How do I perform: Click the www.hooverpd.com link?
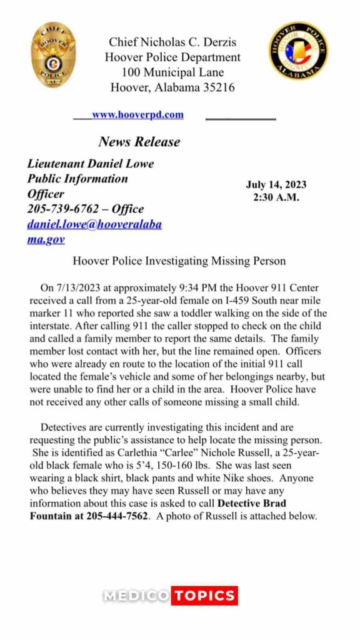[x=137, y=114]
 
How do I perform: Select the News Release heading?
[x=139, y=142]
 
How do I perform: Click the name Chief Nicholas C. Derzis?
[x=172, y=42]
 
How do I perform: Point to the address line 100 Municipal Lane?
[x=172, y=72]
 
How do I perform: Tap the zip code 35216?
[x=214, y=87]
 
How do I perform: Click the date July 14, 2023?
[x=276, y=184]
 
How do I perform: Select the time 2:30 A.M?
[x=276, y=197]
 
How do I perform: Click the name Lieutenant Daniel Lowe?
[x=90, y=164]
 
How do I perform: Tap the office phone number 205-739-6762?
[x=64, y=209]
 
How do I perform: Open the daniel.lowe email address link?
[x=94, y=224]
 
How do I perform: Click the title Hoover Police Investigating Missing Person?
[x=179, y=261]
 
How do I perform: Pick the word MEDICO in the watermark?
[x=136, y=596]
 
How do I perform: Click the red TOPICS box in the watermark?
[x=204, y=596]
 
